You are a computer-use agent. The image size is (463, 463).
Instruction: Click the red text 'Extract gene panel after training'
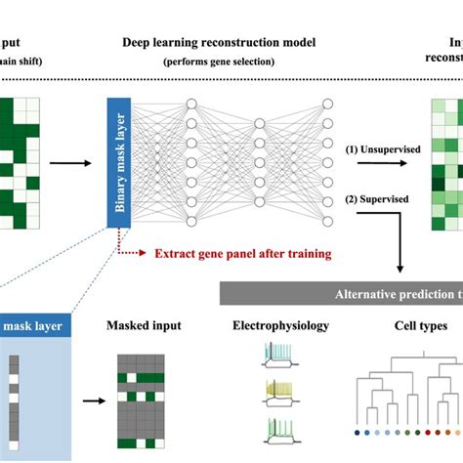pyautogui.click(x=242, y=254)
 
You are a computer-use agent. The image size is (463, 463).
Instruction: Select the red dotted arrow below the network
pyautogui.click(x=133, y=253)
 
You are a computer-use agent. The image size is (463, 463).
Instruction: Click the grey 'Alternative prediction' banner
pyautogui.click(x=342, y=293)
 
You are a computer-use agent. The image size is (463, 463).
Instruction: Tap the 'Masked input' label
pyautogui.click(x=147, y=324)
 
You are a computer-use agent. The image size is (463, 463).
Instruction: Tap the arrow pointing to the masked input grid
pyautogui.click(x=96, y=400)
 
